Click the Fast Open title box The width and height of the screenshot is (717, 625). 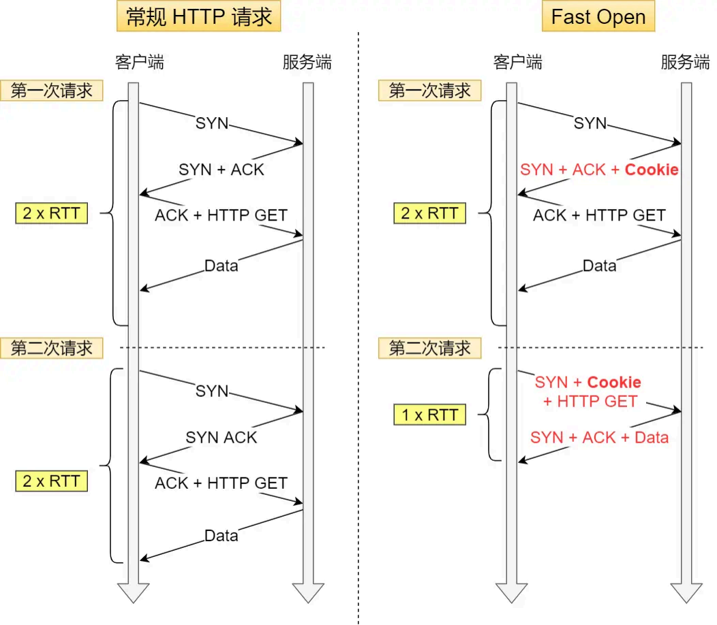point(598,17)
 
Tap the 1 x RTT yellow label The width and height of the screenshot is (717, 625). point(429,415)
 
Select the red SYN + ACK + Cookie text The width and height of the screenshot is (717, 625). point(599,170)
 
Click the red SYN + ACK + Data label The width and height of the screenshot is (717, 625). point(599,437)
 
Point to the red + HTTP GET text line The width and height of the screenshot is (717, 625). point(590,401)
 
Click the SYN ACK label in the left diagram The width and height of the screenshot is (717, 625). point(221,437)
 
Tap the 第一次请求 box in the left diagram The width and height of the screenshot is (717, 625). point(51,91)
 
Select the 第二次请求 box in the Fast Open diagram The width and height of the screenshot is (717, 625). point(429,349)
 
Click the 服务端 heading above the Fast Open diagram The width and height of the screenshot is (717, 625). point(685,63)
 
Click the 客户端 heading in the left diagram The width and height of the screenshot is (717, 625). point(139,63)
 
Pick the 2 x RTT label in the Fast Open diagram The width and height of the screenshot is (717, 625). point(429,214)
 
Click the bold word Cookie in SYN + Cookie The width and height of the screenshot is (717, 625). point(614,382)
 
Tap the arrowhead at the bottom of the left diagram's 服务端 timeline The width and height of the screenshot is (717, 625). point(307,591)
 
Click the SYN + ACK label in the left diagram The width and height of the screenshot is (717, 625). point(221,170)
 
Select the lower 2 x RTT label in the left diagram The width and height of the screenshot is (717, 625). point(51,481)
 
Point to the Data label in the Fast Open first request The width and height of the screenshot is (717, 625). point(599,266)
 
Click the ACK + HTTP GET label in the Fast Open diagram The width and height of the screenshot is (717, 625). point(599,215)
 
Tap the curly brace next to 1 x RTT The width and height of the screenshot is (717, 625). point(491,415)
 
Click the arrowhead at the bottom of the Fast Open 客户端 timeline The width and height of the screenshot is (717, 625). point(512,591)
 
